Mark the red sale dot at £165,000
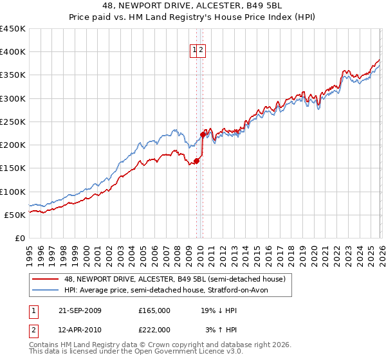click(x=196, y=161)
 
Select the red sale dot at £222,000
click(x=203, y=135)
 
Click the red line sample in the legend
click(x=46, y=279)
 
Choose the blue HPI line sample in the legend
click(x=46, y=290)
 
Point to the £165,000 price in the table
click(x=154, y=310)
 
